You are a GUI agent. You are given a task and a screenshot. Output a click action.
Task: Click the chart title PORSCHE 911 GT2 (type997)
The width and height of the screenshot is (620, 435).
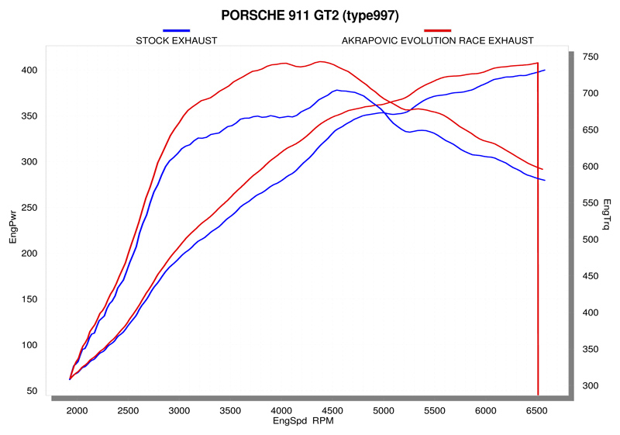pyautogui.click(x=310, y=16)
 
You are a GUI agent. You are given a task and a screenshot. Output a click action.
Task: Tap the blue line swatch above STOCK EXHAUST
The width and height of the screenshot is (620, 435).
pyautogui.click(x=177, y=29)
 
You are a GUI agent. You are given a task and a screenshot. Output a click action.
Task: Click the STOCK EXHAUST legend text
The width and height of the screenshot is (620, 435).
pyautogui.click(x=177, y=40)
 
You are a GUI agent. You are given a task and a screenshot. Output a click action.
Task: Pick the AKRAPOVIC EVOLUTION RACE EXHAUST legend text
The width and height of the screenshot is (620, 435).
pyautogui.click(x=437, y=40)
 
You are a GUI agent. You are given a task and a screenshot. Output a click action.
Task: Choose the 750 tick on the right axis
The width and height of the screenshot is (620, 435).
pyautogui.click(x=591, y=57)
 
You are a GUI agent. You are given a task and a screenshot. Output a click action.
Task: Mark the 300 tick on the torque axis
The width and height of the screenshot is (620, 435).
pyautogui.click(x=591, y=386)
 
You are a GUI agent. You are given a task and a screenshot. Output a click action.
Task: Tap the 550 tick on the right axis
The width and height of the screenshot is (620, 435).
pyautogui.click(x=591, y=203)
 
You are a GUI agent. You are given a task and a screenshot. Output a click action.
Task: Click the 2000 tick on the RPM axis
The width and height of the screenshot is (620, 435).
pyautogui.click(x=77, y=411)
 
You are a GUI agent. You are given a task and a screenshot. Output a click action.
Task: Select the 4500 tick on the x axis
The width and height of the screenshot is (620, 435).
pyautogui.click(x=332, y=411)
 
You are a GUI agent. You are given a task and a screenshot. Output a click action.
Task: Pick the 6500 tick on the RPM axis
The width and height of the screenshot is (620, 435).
pyautogui.click(x=537, y=411)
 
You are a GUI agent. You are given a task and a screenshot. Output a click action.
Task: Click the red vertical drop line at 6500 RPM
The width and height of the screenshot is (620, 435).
pyautogui.click(x=538, y=233)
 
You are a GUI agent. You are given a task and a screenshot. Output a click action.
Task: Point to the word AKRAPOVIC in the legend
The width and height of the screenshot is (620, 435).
pyautogui.click(x=367, y=40)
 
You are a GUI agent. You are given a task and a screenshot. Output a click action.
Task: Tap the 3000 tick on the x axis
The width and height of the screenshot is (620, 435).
pyautogui.click(x=179, y=411)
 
